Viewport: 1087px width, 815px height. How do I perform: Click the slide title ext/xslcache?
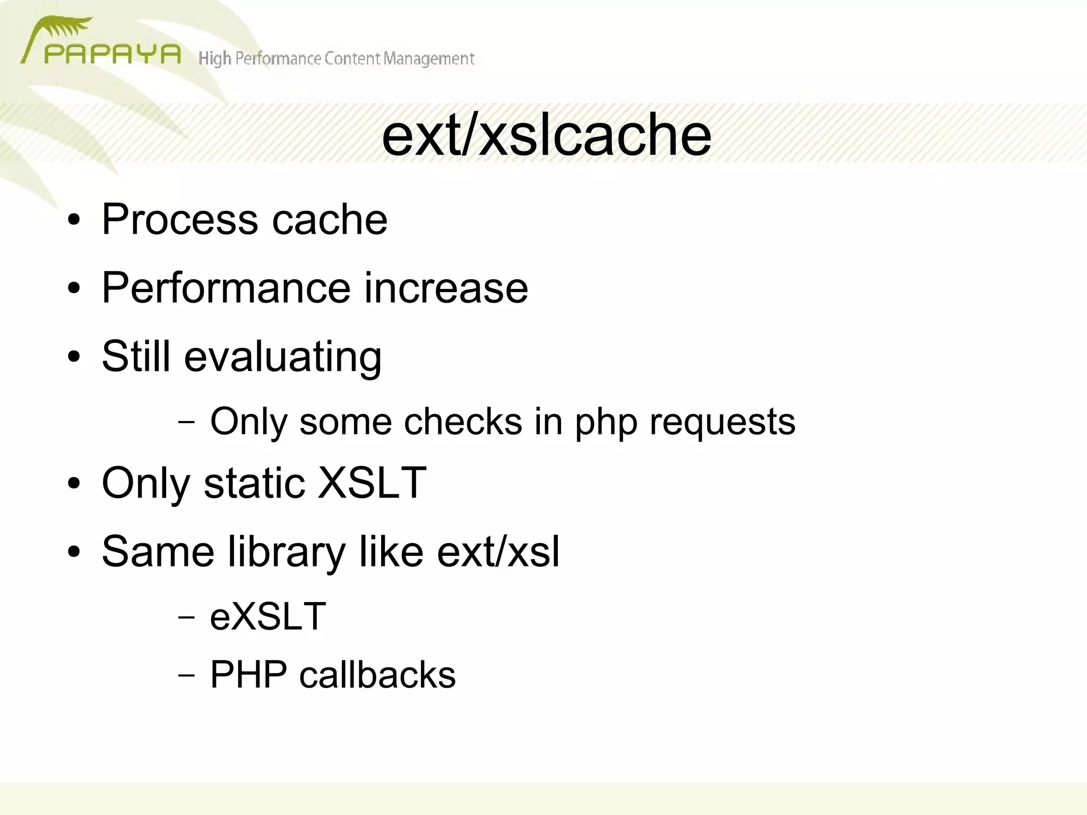[x=546, y=136]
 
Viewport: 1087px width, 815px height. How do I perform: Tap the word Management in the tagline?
[x=428, y=58]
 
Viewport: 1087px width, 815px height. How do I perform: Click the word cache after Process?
[x=330, y=219]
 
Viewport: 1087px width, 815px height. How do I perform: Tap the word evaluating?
[x=283, y=357]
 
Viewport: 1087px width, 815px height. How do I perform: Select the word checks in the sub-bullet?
[x=463, y=422]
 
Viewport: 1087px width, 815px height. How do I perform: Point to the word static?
[x=254, y=483]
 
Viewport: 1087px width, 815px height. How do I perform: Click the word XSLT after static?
[x=372, y=483]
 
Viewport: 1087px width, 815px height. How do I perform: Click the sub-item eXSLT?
[x=268, y=616]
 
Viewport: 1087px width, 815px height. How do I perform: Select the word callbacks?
[x=377, y=674]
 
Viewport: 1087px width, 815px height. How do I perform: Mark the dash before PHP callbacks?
[x=186, y=675]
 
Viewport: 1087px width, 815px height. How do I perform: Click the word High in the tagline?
[x=214, y=58]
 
